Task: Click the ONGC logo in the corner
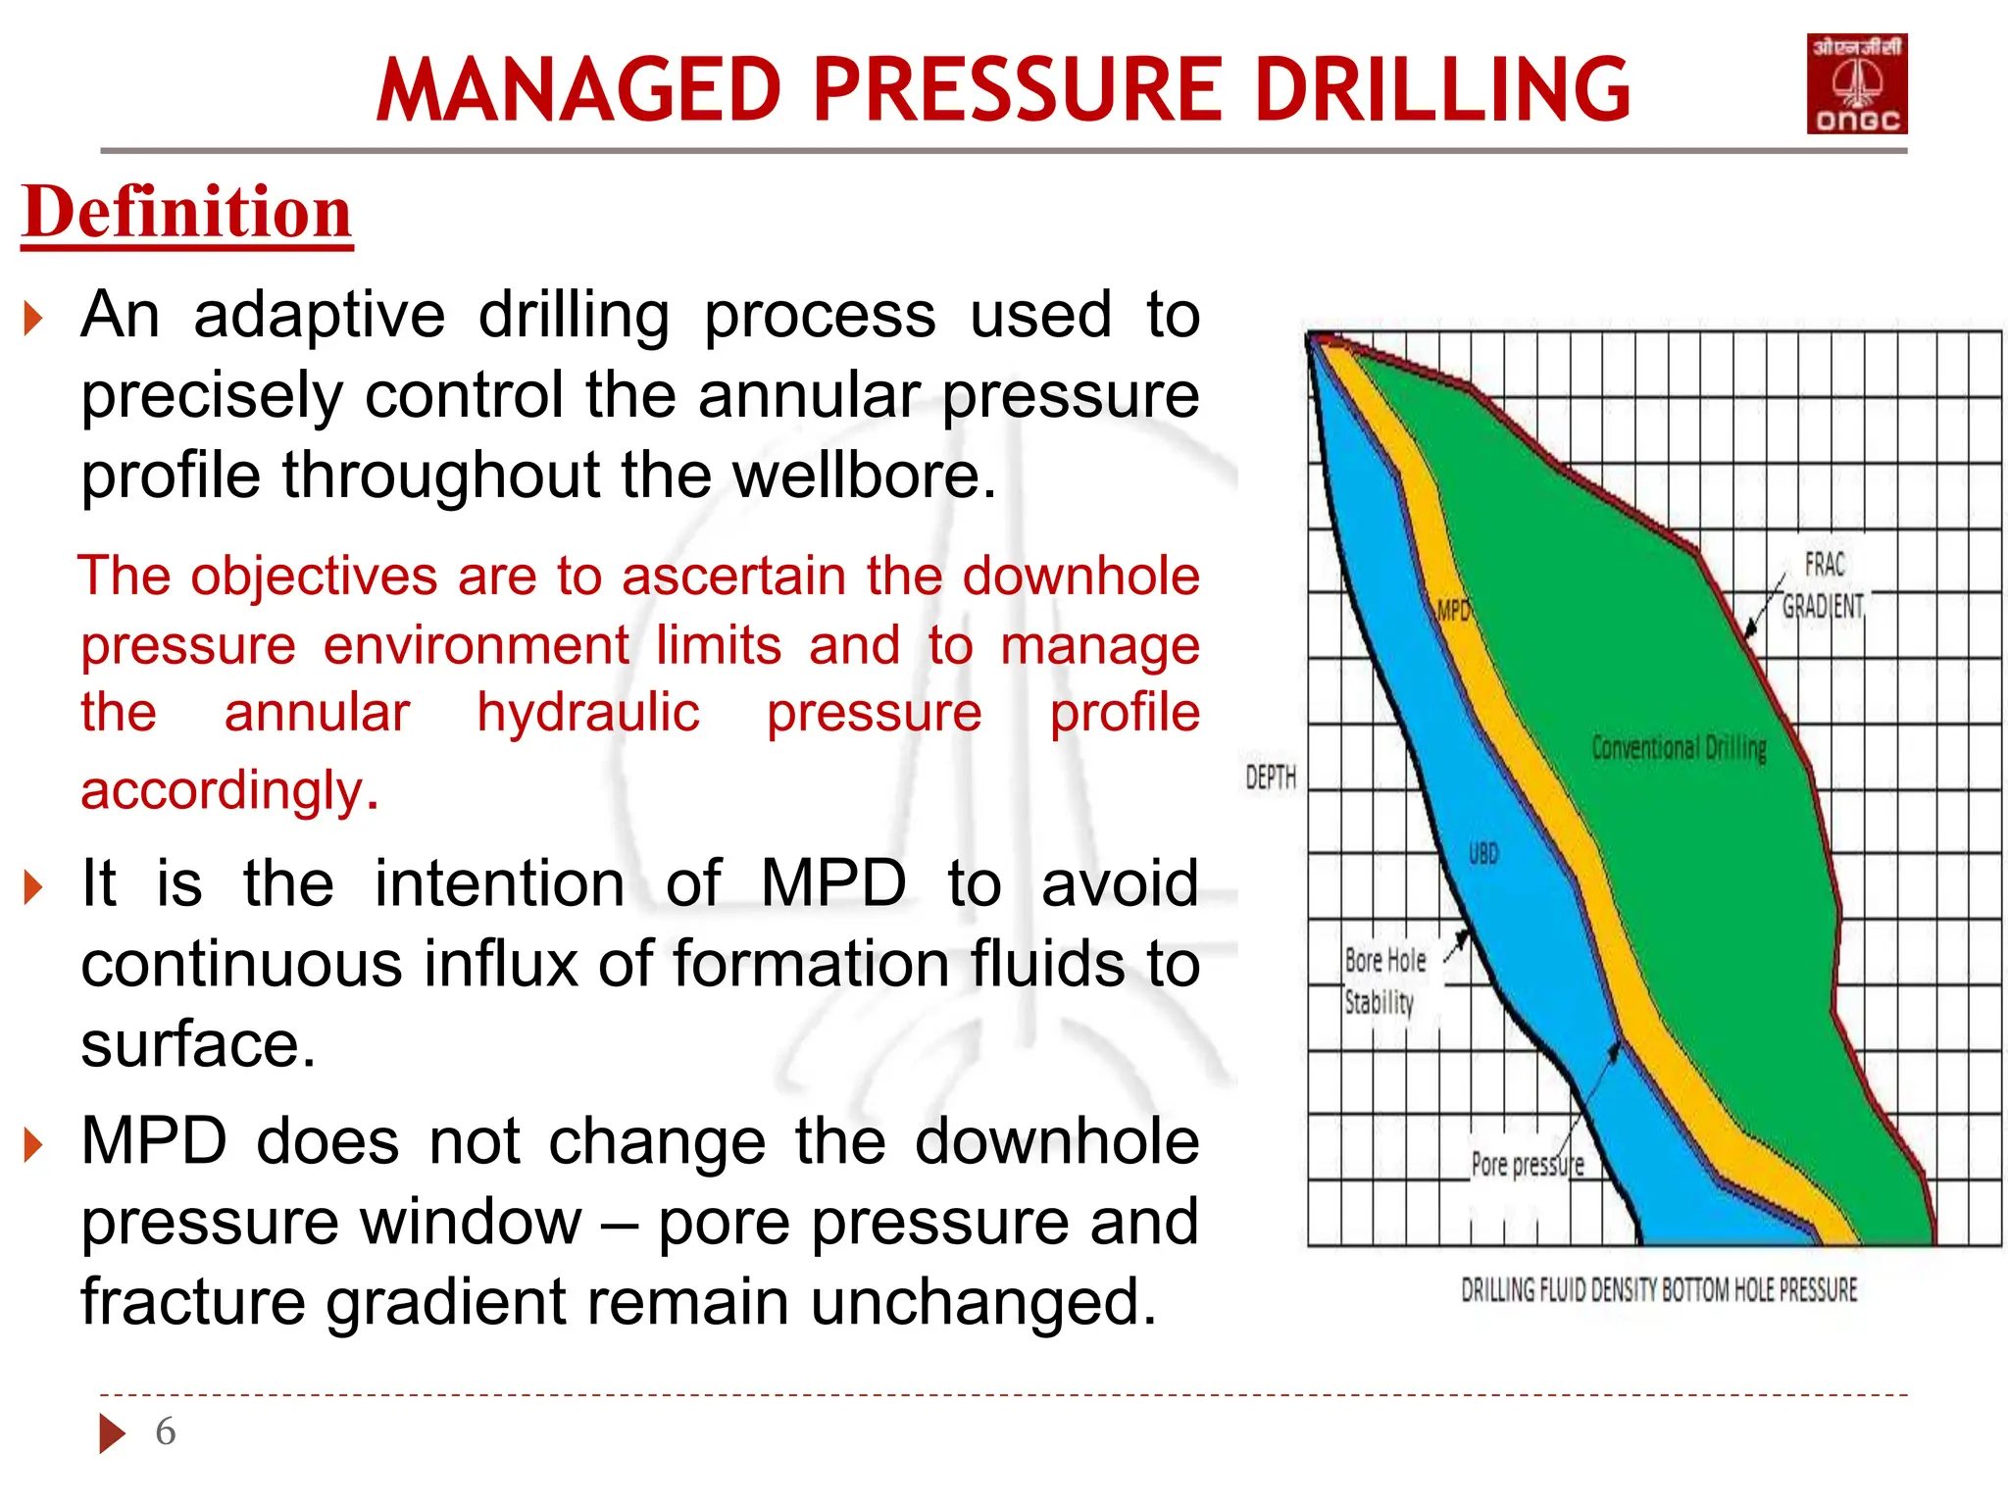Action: tap(1856, 84)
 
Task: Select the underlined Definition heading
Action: tap(186, 213)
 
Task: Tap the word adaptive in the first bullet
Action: tap(319, 316)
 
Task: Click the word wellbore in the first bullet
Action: tap(863, 476)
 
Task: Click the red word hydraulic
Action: tap(588, 713)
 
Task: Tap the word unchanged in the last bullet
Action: tap(980, 1303)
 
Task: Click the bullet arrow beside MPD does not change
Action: tap(34, 1145)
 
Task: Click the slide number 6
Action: tap(166, 1431)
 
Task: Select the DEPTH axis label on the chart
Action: tap(1270, 778)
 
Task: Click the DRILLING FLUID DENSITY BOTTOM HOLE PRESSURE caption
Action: tap(1659, 1290)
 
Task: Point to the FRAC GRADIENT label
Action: tap(1823, 586)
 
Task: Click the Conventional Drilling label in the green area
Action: tap(1679, 748)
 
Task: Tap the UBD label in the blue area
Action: tap(1482, 854)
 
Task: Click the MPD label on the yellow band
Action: tap(1452, 612)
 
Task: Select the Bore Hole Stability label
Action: tap(1383, 981)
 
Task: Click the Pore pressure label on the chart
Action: tap(1527, 1165)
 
